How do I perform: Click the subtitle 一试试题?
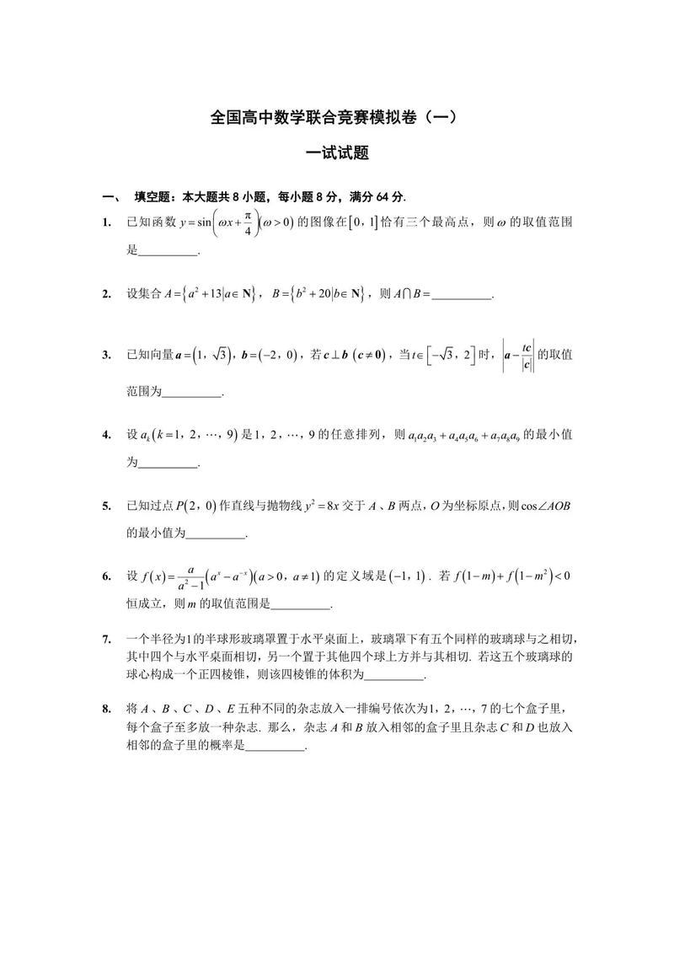click(x=337, y=154)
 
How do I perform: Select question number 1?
click(x=107, y=222)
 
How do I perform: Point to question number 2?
click(x=107, y=294)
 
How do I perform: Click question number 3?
click(x=107, y=355)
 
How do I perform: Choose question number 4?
click(x=107, y=435)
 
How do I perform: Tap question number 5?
click(x=107, y=506)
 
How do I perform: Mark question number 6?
click(x=107, y=576)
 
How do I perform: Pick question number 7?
click(x=107, y=639)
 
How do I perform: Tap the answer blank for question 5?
click(x=215, y=534)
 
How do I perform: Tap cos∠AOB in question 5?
click(x=543, y=506)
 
